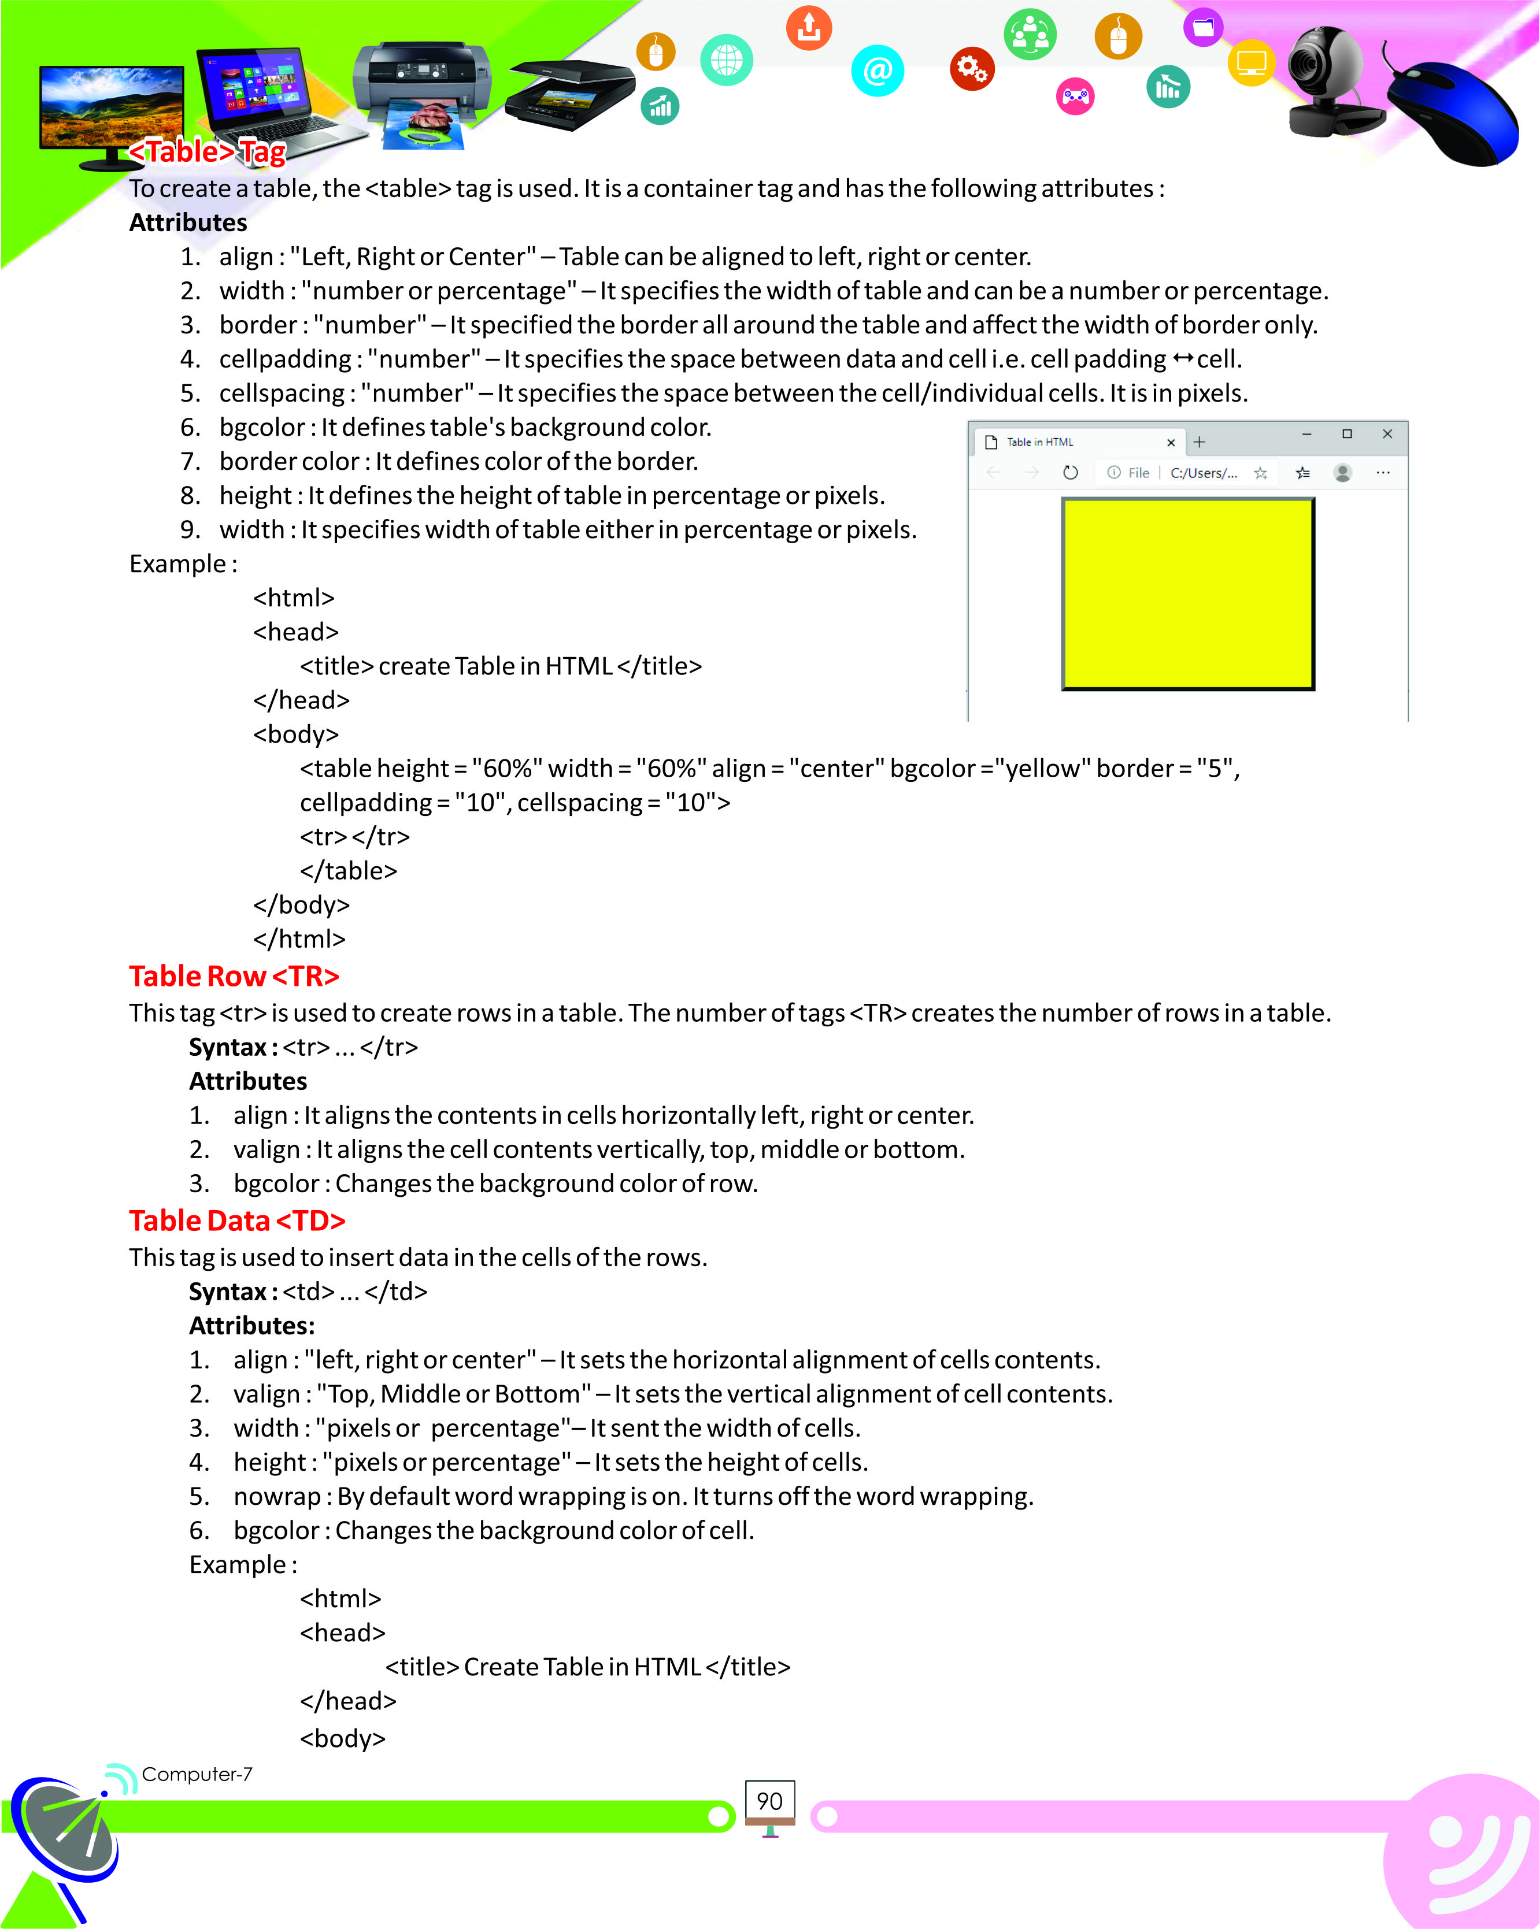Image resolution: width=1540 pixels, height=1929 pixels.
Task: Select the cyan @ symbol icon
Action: point(877,70)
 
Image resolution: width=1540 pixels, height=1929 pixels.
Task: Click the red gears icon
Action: point(972,68)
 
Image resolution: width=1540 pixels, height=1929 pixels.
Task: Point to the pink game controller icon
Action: point(1076,96)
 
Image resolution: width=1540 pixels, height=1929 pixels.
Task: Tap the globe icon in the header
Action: point(727,60)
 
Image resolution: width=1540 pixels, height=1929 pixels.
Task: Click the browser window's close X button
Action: point(1387,434)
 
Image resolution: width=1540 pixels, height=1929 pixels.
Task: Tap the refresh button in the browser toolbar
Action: point(1070,472)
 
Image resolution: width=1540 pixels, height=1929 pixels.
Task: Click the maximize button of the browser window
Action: point(1347,434)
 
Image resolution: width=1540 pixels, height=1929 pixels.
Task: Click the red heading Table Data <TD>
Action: point(236,1221)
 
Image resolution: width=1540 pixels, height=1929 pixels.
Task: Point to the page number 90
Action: point(769,1801)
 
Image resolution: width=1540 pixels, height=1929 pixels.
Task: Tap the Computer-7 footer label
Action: point(197,1774)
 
